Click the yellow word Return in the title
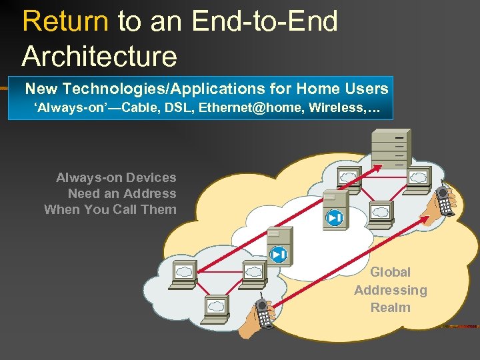[65, 21]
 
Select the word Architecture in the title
[99, 56]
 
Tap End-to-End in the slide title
[265, 21]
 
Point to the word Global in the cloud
[390, 272]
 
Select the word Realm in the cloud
[390, 307]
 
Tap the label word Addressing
[390, 290]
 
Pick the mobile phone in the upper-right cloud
[445, 200]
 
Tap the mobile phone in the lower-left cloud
[263, 313]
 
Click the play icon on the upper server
[334, 217]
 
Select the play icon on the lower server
[278, 254]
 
